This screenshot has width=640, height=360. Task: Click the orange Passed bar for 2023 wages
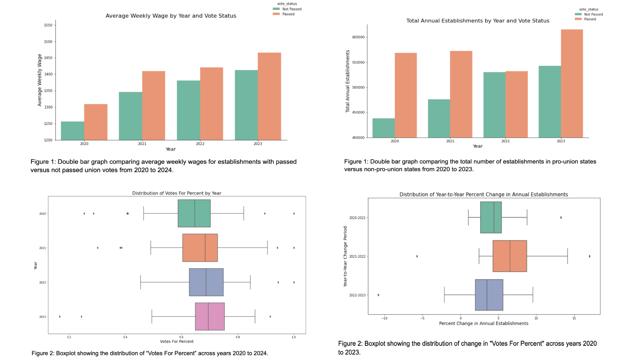pyautogui.click(x=269, y=96)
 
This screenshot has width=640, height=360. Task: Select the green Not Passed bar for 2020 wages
pyautogui.click(x=72, y=131)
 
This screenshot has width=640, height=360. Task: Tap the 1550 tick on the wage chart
pyautogui.click(x=48, y=25)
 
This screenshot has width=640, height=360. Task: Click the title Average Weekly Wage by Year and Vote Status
pyautogui.click(x=171, y=16)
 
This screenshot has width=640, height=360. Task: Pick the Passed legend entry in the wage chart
pyautogui.click(x=288, y=14)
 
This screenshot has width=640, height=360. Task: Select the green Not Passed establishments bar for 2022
pyautogui.click(x=494, y=105)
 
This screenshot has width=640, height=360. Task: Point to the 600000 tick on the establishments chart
pyautogui.click(x=358, y=37)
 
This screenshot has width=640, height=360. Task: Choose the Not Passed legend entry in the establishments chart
pyautogui.click(x=593, y=14)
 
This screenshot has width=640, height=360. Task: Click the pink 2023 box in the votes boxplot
pyautogui.click(x=210, y=316)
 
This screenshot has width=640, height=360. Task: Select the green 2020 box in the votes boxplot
pyautogui.click(x=194, y=213)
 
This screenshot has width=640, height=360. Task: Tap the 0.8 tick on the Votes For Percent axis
pyautogui.click(x=238, y=337)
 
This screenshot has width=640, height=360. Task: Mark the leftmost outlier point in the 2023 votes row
pyautogui.click(x=60, y=317)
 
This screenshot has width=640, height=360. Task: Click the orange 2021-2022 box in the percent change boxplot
pyautogui.click(x=510, y=256)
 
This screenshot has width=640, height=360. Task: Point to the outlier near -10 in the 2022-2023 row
pyautogui.click(x=378, y=295)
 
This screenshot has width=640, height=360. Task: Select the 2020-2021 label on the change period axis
pyautogui.click(x=357, y=218)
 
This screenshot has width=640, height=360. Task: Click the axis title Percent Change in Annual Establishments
pyautogui.click(x=483, y=323)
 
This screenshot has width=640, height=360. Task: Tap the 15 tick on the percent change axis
pyautogui.click(x=574, y=318)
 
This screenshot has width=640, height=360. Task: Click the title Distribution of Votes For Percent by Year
pyautogui.click(x=176, y=193)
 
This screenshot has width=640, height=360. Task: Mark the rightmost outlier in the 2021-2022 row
pyautogui.click(x=589, y=256)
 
